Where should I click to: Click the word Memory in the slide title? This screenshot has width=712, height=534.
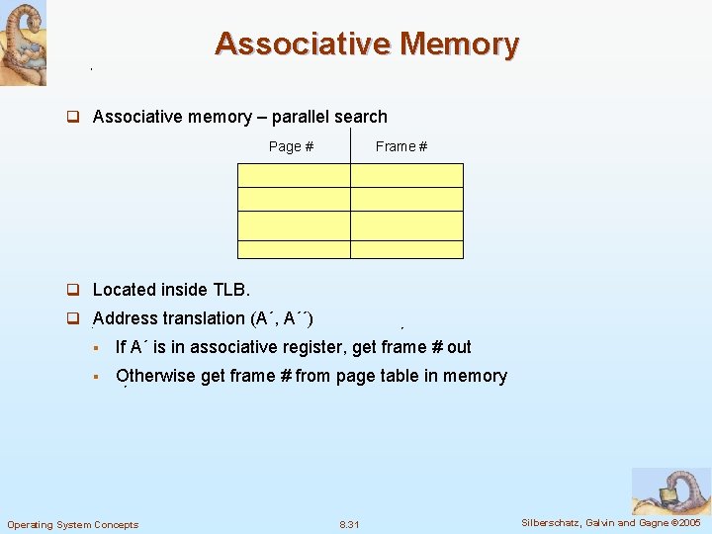tap(459, 44)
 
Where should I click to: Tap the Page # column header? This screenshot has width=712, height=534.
tap(291, 146)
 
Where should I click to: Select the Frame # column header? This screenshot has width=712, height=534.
tap(401, 146)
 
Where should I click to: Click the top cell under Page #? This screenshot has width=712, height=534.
tap(294, 175)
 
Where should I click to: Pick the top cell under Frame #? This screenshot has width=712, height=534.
tap(406, 175)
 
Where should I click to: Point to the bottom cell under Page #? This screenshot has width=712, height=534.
tap(294, 249)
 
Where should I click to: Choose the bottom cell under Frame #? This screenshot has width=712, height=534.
tap(406, 249)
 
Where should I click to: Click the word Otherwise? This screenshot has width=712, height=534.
tap(155, 376)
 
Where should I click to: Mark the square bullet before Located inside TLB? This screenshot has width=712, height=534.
tap(72, 290)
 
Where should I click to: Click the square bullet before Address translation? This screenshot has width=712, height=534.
tap(72, 318)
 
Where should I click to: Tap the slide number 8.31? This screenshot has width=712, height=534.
tap(349, 524)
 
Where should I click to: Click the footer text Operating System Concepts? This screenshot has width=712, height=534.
tap(73, 524)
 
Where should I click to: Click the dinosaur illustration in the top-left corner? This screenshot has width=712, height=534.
tap(23, 44)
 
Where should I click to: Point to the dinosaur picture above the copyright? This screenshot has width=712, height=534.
tap(670, 491)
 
